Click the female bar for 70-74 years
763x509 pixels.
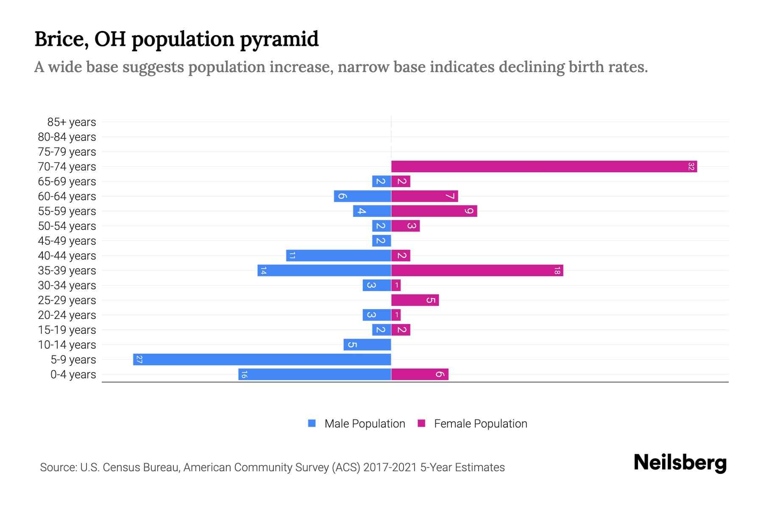pos(544,167)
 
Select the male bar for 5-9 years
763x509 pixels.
pos(262,360)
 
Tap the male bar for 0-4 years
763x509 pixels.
pos(315,375)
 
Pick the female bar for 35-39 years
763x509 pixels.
pos(477,271)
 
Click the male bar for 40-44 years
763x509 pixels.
pos(338,256)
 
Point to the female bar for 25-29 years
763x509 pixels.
pos(415,300)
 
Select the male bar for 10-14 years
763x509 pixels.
pos(367,345)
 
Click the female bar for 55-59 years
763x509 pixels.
pos(434,211)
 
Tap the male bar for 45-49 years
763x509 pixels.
pos(381,241)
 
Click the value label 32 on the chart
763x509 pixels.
pos(691,167)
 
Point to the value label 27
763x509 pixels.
pos(139,360)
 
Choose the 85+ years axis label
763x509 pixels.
pos(72,122)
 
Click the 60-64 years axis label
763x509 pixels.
pos(67,196)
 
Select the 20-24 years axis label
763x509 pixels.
pos(67,315)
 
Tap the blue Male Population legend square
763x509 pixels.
pos(312,423)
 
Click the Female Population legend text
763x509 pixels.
pos(480,424)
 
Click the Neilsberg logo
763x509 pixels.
pos(680,463)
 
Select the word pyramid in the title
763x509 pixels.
pos(279,39)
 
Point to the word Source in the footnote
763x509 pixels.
pos(58,467)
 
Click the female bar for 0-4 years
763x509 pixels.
pos(420,375)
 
